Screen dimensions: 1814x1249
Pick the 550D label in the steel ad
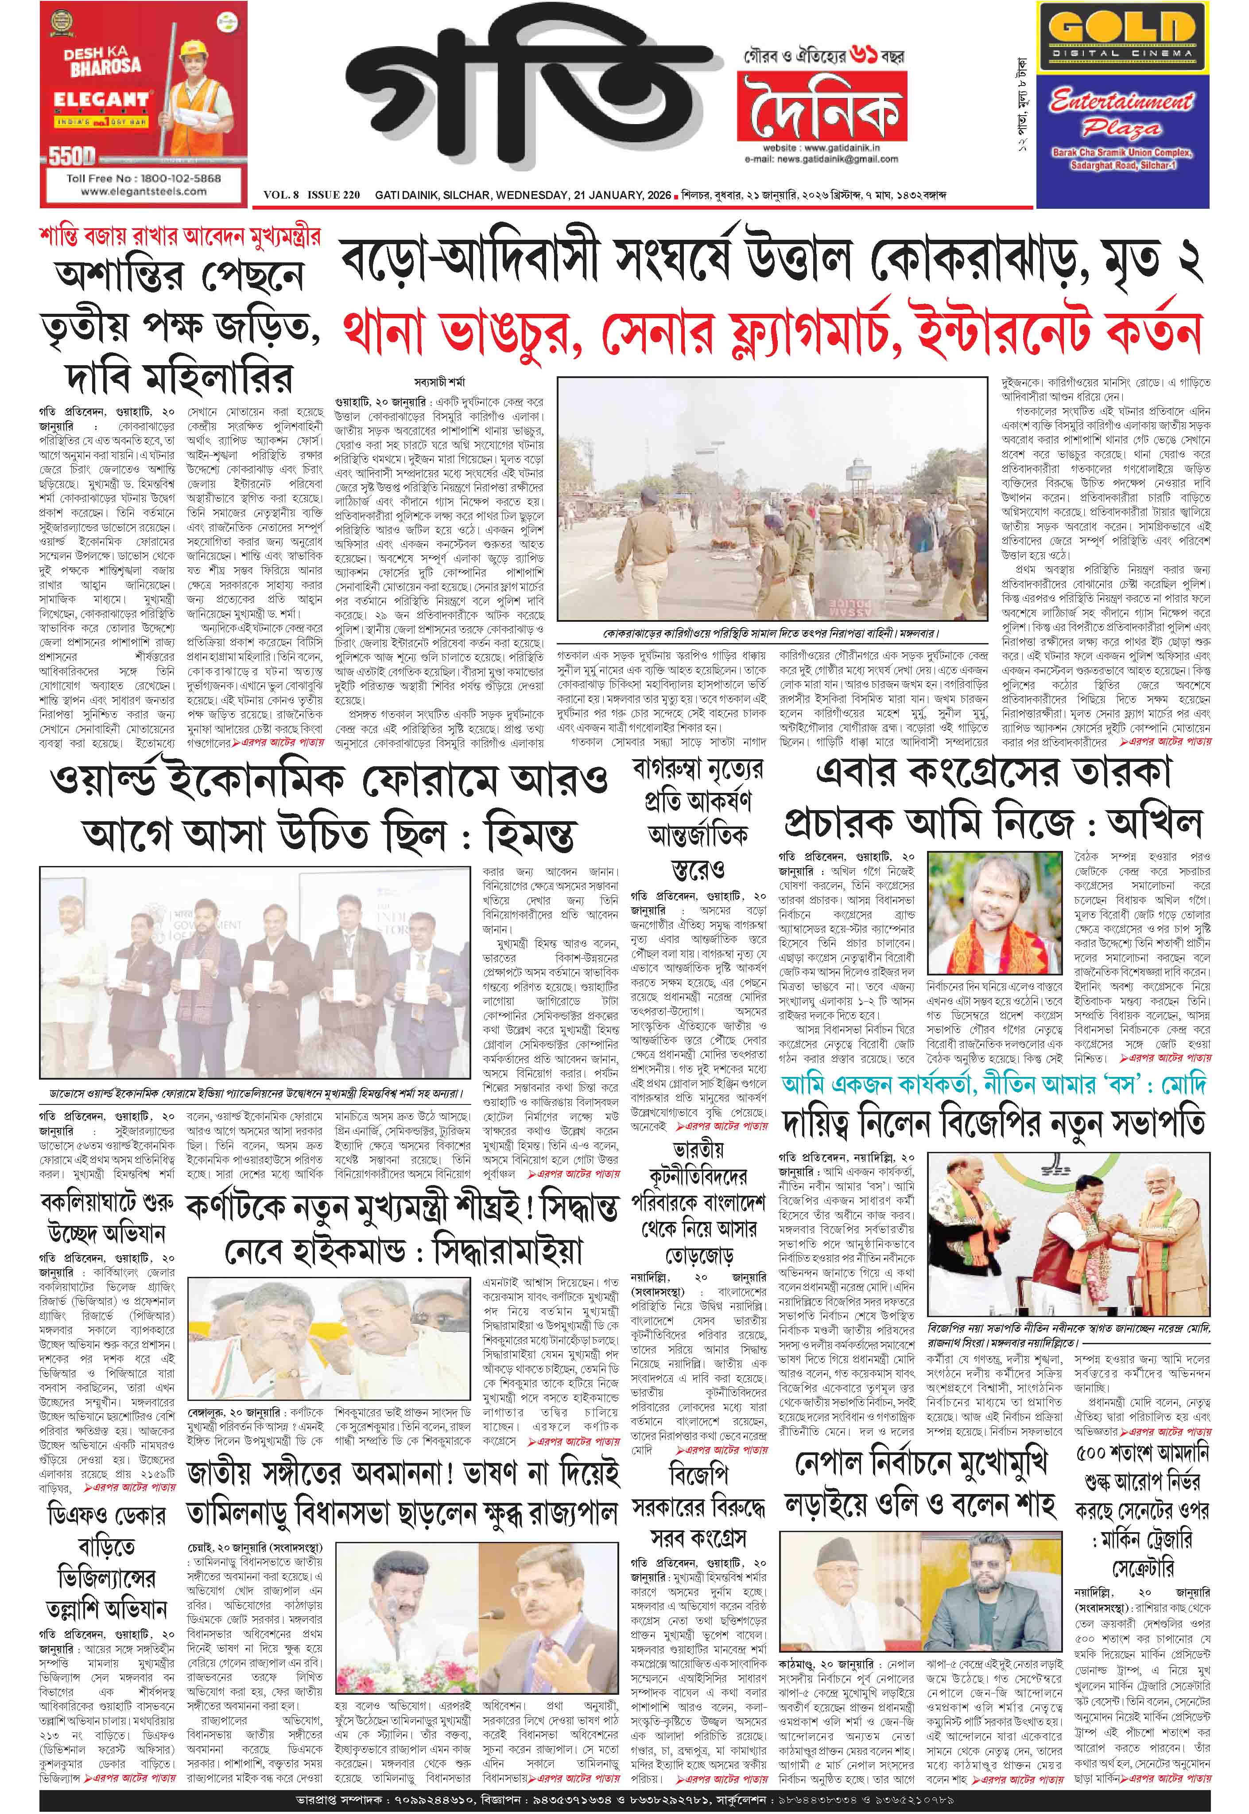(72, 156)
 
